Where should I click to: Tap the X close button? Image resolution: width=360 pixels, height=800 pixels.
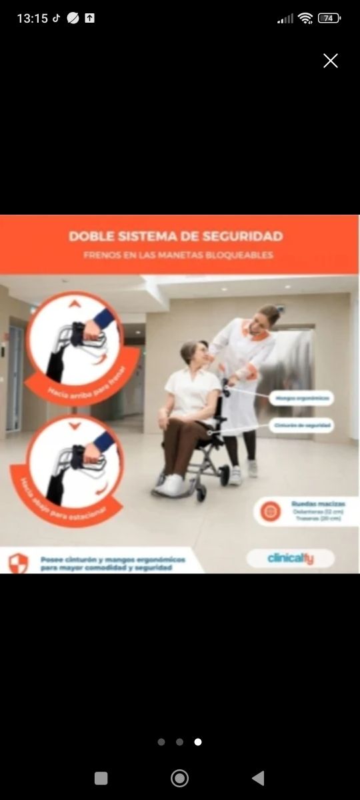331,61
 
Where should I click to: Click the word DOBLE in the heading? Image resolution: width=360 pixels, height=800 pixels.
91,236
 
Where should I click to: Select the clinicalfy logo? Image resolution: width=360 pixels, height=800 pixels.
291,558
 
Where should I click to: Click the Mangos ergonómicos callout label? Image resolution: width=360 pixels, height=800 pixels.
302,399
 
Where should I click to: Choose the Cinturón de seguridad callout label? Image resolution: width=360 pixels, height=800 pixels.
302,425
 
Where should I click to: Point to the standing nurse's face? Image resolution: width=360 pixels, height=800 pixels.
264,318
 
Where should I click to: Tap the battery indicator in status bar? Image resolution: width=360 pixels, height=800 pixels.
329,19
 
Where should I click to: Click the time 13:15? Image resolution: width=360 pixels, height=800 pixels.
32,19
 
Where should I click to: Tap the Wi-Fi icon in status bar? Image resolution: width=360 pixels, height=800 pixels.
305,19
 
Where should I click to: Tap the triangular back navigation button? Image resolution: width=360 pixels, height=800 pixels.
259,778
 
